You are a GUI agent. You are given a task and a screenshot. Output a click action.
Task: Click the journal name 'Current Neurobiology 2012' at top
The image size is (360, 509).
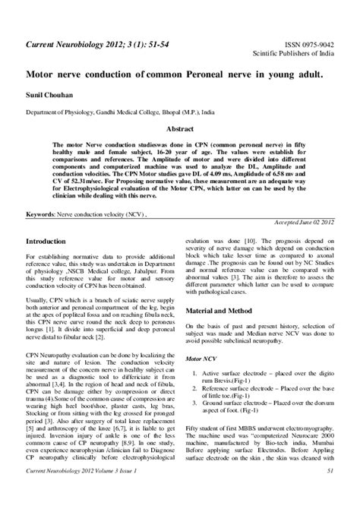(x=76, y=46)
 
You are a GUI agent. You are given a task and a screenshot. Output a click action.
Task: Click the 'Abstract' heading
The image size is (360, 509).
(x=180, y=129)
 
